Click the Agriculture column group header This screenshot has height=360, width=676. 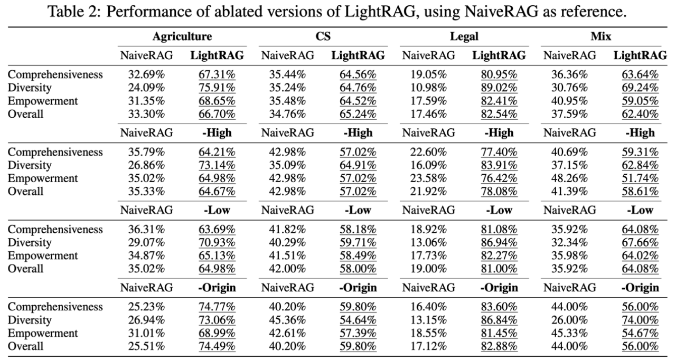click(x=182, y=36)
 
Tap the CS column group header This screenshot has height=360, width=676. click(x=323, y=36)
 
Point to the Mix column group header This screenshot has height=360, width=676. click(x=601, y=36)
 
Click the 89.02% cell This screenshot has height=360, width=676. click(x=499, y=88)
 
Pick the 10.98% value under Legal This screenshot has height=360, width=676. click(x=429, y=88)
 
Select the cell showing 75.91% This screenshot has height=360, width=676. click(x=217, y=88)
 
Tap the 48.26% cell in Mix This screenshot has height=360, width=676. click(x=570, y=178)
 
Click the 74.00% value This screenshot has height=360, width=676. click(x=640, y=320)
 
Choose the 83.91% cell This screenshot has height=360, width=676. click(x=499, y=165)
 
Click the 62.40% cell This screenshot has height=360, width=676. click(x=640, y=113)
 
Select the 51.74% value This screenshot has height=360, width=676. click(x=640, y=178)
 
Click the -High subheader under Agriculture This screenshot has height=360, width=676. click(x=217, y=132)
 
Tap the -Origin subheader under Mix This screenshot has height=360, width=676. click(x=640, y=288)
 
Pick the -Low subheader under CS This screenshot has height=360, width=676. click(x=358, y=210)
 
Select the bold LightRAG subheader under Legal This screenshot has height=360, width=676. click(x=499, y=55)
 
